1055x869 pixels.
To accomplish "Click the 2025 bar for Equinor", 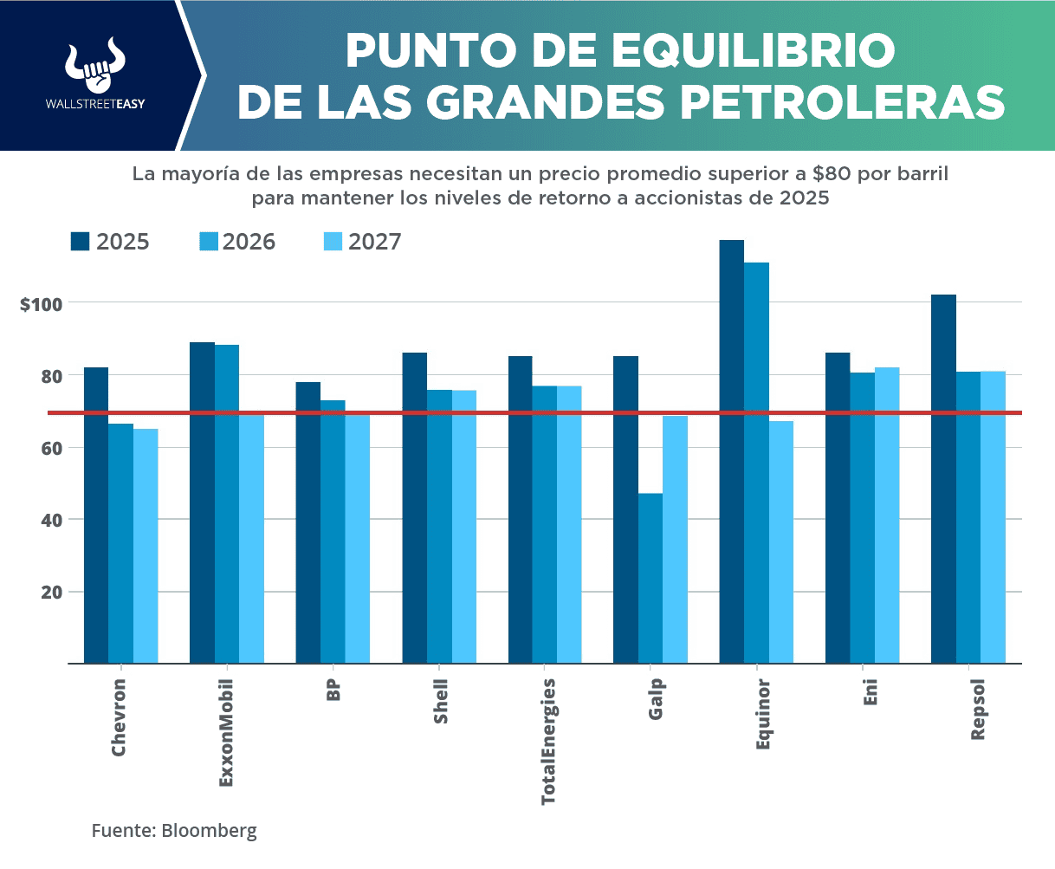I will point(732,451).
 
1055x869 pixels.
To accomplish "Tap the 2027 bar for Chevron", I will point(146,546).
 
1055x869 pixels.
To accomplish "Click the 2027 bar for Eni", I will point(887,516).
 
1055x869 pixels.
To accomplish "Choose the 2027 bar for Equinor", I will point(780,542).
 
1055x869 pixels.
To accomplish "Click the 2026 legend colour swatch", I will point(208,241).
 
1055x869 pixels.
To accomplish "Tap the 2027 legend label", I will point(374,242).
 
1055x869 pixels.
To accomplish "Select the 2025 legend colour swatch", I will point(81,241).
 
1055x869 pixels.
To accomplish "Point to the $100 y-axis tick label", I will point(41,304).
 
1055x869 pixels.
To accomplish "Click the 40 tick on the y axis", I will point(49,520).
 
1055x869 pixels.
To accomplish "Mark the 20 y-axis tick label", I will point(49,592).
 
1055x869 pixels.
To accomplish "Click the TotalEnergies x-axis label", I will point(548,742).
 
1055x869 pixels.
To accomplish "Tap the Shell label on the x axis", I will point(441,702).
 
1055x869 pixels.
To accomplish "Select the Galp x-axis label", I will point(656,700).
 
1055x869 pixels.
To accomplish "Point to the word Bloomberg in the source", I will point(210,831).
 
